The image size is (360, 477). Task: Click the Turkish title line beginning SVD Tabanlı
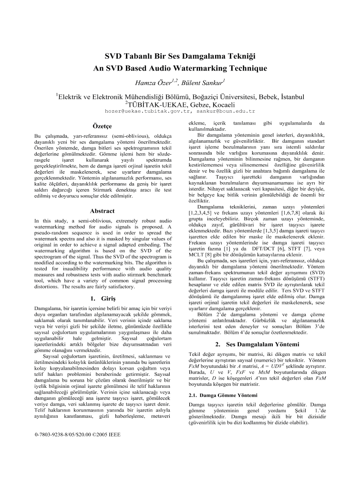coord(180,55)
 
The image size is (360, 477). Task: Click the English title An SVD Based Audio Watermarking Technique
coord(180,68)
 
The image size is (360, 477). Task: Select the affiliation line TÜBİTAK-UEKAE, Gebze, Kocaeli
coord(180,104)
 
